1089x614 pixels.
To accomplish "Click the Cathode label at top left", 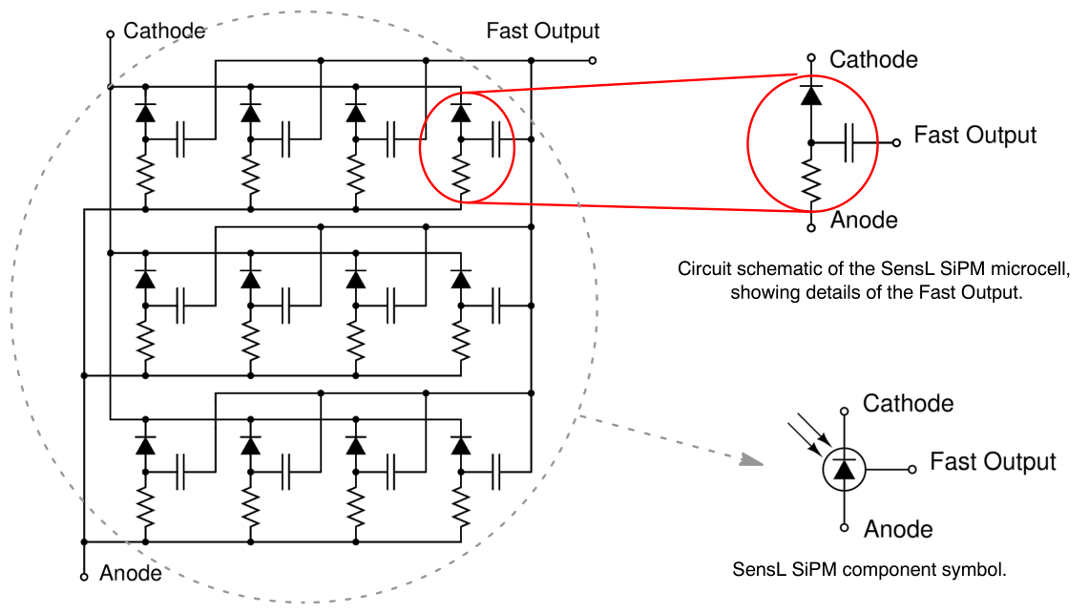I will [x=165, y=31].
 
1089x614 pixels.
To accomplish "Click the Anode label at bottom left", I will [x=131, y=574].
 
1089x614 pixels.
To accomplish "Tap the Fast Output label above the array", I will [x=542, y=31].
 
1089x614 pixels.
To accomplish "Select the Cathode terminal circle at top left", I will [x=111, y=33].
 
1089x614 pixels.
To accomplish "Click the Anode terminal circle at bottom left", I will [x=84, y=576].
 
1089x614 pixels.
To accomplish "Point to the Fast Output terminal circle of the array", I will [x=593, y=60].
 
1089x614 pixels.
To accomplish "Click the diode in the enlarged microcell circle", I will [x=811, y=95].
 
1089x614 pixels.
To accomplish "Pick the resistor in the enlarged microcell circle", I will [x=811, y=182].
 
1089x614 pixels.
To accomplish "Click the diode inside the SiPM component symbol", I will [x=844, y=468].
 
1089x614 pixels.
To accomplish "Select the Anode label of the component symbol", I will [x=897, y=528].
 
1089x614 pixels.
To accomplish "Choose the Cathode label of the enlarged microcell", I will [x=873, y=59].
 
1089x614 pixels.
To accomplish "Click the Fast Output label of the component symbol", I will [x=993, y=462].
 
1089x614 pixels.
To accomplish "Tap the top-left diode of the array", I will [x=145, y=112].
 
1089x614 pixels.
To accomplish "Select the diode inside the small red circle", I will [x=461, y=112].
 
